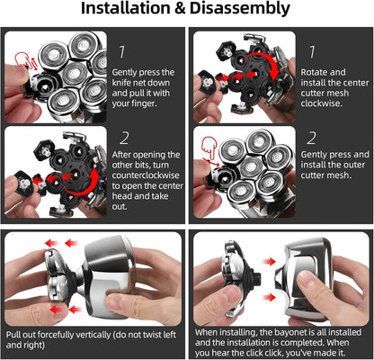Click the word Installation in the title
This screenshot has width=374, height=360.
125,8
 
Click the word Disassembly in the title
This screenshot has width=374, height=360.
240,9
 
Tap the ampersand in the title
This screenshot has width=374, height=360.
180,9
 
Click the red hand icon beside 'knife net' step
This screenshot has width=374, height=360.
23,59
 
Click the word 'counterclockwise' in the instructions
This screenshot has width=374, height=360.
146,175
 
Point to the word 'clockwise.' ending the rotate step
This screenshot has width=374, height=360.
321,103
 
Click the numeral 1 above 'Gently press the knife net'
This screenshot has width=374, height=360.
121,52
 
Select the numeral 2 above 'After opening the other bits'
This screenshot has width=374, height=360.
124,139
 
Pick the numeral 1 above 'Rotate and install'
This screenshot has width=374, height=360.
312,52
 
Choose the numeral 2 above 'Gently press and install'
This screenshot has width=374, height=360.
312,139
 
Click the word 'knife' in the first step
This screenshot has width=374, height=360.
122,83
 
